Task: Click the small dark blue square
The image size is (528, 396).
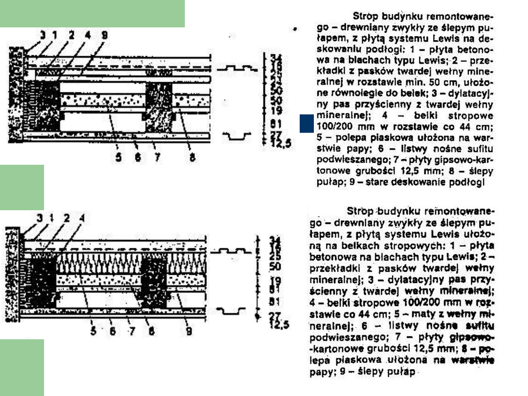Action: (306, 123)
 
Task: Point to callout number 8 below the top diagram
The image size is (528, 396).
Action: (193, 158)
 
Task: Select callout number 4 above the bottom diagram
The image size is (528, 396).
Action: (82, 219)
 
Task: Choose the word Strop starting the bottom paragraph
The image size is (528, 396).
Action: (360, 211)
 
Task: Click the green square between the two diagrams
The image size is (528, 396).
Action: (22, 187)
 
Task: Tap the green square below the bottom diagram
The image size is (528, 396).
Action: (22, 367)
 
